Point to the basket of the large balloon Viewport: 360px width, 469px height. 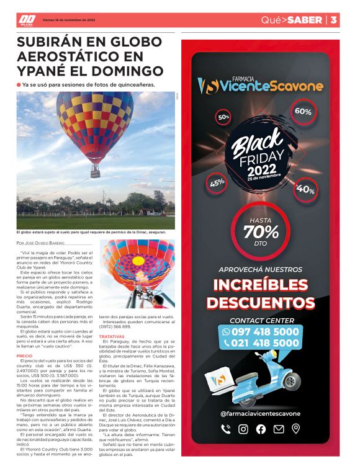96,168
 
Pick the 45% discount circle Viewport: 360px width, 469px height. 217,182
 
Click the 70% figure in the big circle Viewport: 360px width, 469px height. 261,231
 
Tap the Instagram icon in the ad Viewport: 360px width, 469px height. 243,429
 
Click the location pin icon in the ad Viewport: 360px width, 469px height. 295,429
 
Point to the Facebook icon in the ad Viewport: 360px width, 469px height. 261,429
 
